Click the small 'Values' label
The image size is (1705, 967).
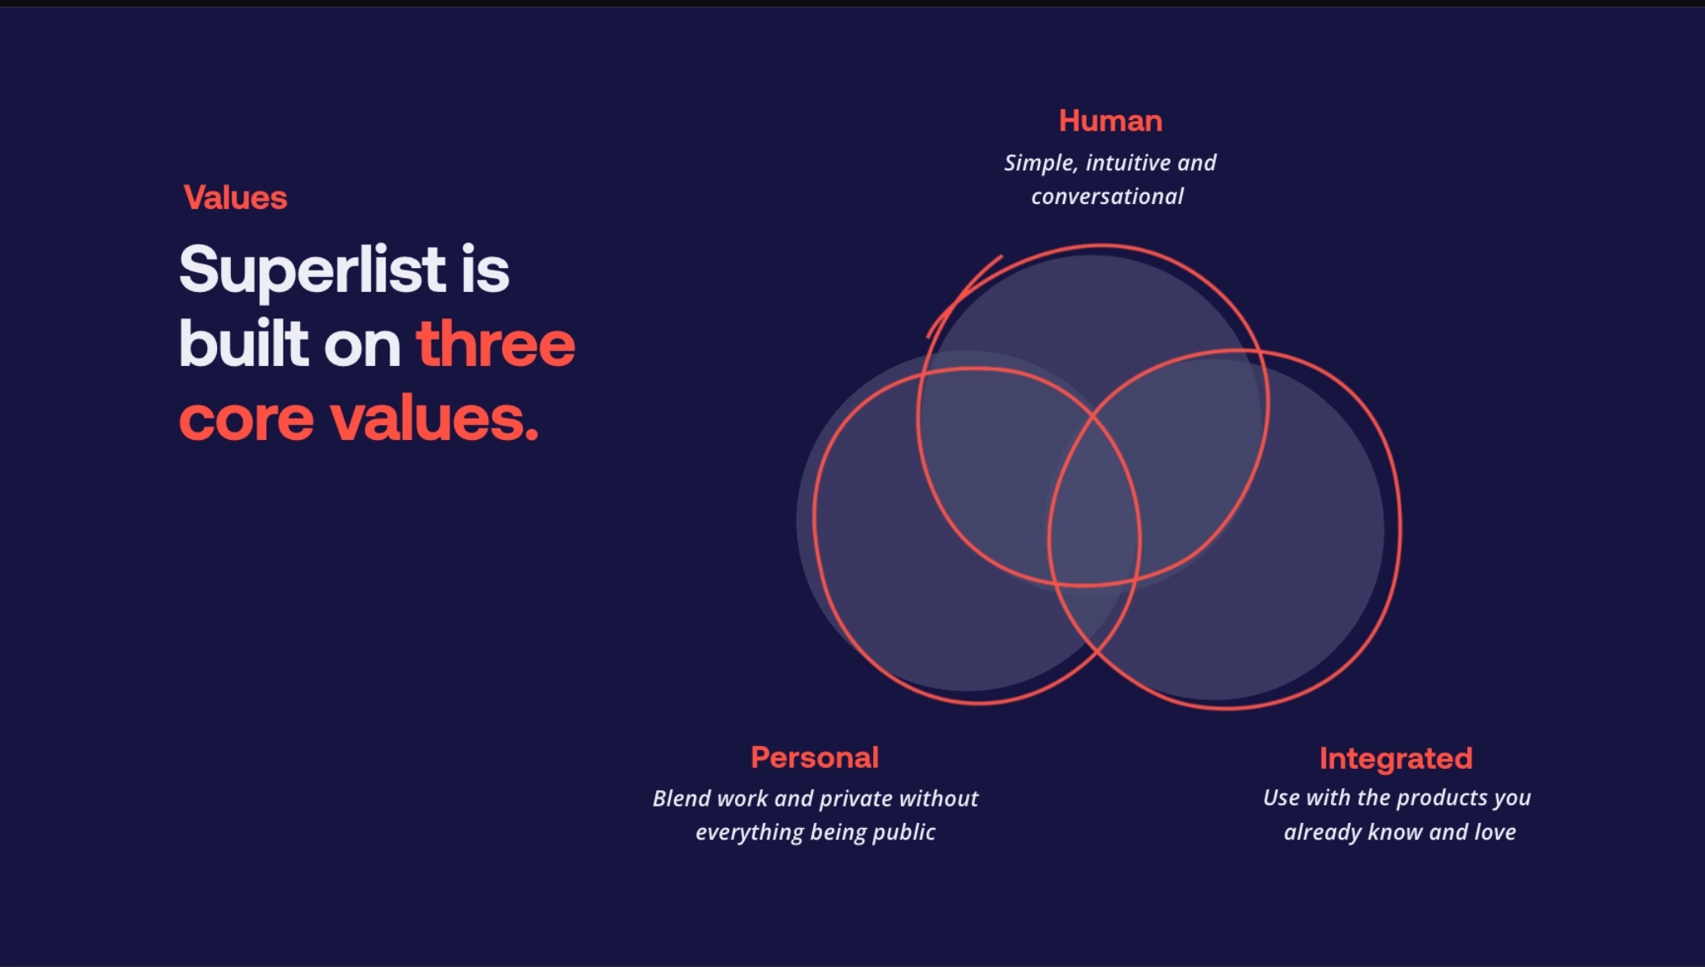coord(235,197)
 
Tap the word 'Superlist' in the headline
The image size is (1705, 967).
coord(312,270)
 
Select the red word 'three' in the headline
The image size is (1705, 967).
coord(496,344)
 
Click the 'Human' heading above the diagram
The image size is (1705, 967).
coord(1111,121)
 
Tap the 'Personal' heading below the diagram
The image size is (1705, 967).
coord(815,757)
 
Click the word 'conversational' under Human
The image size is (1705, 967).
coord(1107,197)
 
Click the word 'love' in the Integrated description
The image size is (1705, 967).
coord(1495,832)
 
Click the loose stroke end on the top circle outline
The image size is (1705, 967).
coord(1001,257)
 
